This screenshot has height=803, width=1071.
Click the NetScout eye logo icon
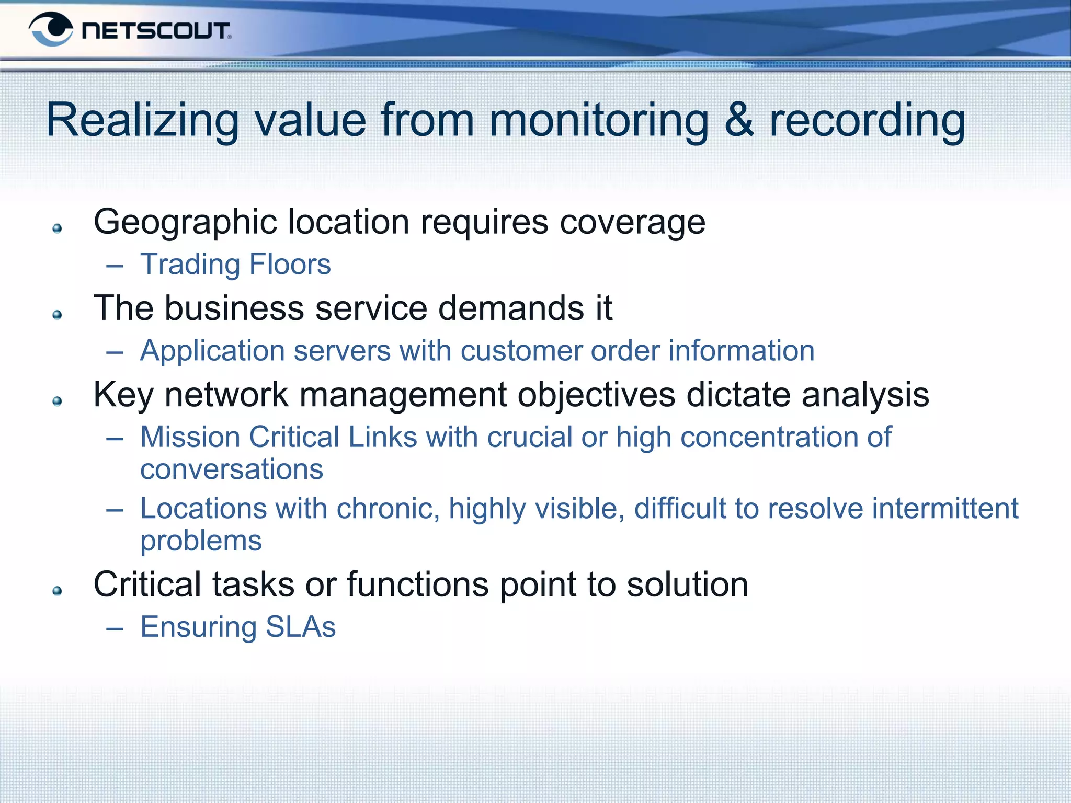tap(51, 29)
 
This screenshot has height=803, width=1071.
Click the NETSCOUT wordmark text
tap(156, 31)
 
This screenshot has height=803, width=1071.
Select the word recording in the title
tap(867, 121)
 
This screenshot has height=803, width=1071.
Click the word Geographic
tap(185, 223)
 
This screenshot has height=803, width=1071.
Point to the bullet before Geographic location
tap(58, 228)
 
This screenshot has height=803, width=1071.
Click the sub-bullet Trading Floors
tap(235, 264)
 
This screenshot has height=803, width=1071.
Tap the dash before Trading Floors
tap(115, 266)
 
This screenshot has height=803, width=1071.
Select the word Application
tap(212, 351)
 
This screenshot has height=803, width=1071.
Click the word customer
tap(521, 351)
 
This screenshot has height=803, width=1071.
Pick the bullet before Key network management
tap(58, 401)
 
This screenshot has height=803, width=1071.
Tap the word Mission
tap(190, 437)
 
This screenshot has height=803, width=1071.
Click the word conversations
tap(232, 469)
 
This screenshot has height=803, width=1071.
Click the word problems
tap(201, 541)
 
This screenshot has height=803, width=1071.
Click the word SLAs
tap(300, 627)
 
